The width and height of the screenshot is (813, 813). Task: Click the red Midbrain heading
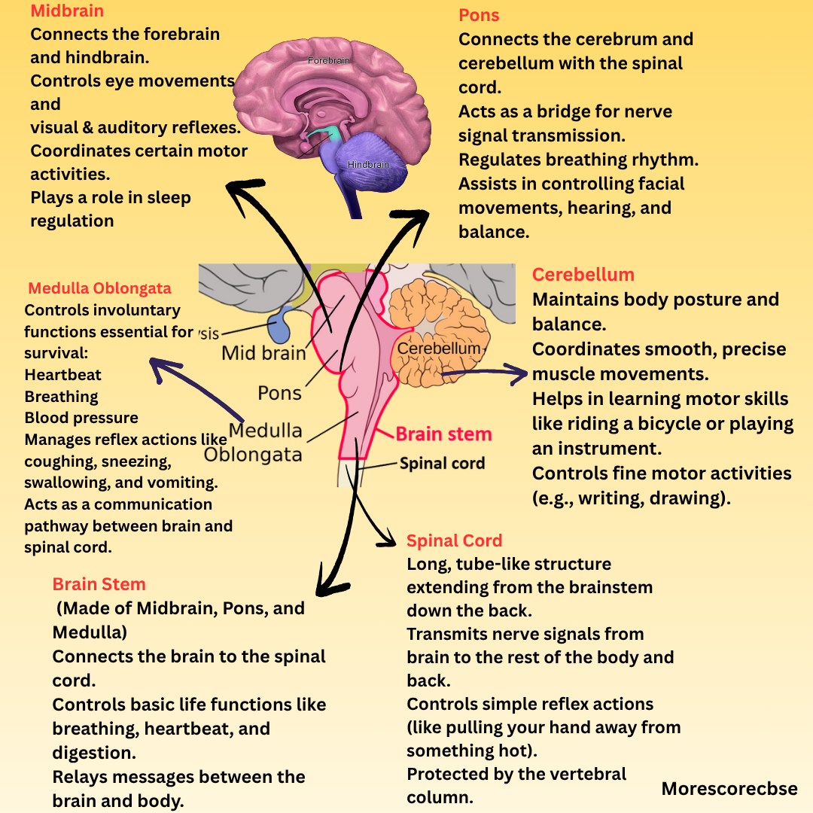coord(67,11)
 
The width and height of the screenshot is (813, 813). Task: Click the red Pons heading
coord(479,16)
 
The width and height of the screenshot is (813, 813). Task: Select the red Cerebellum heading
coord(583,275)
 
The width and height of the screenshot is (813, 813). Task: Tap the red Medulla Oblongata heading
coord(99,288)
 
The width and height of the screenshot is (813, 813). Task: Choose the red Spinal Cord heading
coord(454,540)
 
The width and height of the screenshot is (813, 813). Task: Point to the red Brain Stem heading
coord(99,584)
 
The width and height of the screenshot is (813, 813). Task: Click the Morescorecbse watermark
coord(729,789)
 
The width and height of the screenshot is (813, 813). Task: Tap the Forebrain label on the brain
coord(329,60)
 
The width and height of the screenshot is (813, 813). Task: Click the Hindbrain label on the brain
coord(368,164)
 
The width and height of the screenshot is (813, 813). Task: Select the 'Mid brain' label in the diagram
coord(263,352)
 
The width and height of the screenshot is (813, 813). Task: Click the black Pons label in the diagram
coord(279,392)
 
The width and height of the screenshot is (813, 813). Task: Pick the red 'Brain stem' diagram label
coord(443,434)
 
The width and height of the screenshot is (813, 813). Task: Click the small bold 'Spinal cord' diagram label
coord(442,463)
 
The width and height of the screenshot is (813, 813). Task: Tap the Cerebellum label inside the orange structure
coord(438,349)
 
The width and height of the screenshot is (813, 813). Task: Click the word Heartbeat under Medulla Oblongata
coord(62,375)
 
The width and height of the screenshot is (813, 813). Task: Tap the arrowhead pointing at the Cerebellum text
coord(519,371)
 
